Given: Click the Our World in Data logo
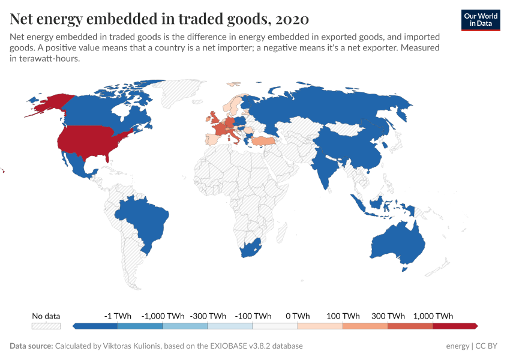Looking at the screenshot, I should coord(481,19).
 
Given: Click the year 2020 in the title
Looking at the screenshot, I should coord(290,19).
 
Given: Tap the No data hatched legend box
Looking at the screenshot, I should coord(46,326).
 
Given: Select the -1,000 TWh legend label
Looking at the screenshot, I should coord(163,316).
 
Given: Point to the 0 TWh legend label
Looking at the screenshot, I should coord(297,316).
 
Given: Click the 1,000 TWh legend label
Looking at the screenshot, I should coord(433,316).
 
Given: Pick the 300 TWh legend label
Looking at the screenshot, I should coord(388,316).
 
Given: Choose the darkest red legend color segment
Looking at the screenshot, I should coord(454,326).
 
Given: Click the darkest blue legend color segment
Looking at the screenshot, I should coord(96,326).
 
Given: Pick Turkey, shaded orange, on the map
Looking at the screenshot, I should coord(264,140).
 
